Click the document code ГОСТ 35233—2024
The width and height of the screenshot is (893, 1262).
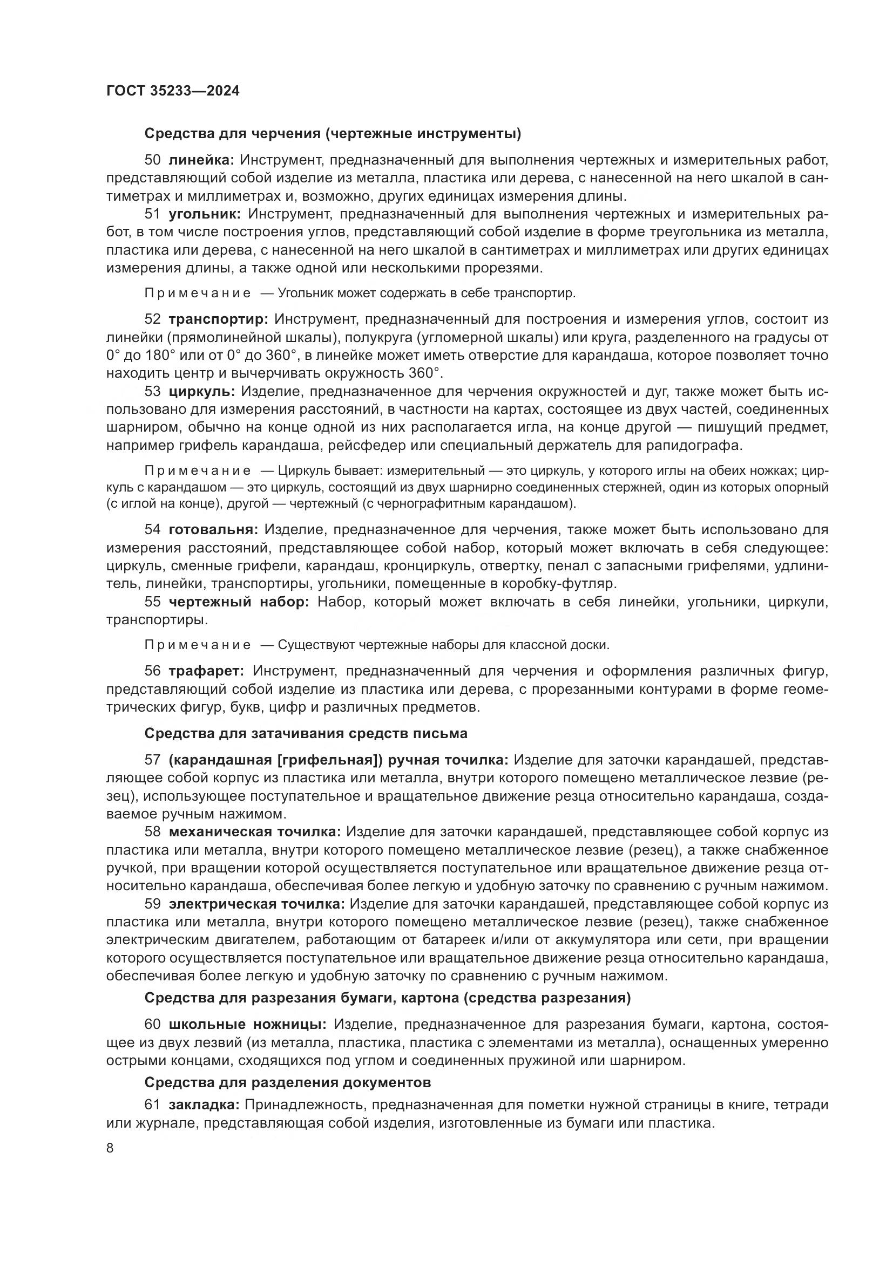point(173,91)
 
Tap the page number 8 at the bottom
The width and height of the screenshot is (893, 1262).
point(110,1148)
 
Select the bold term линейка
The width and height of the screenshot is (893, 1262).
point(201,160)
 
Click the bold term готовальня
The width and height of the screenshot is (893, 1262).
point(213,530)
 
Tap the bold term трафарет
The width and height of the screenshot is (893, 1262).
point(209,671)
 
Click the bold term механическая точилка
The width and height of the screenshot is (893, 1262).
point(255,832)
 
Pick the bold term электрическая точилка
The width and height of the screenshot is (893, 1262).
point(257,904)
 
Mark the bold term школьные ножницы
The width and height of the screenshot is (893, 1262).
point(247,1025)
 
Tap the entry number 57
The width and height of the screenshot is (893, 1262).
point(152,760)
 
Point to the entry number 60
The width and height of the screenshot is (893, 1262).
point(152,1025)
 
